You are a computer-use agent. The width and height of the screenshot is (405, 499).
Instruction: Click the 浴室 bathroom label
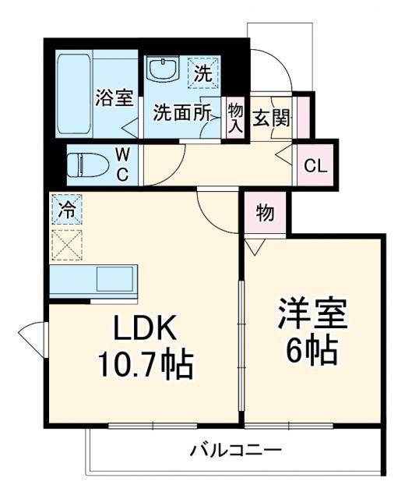(x=114, y=98)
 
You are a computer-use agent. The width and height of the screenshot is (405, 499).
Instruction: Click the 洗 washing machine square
(x=202, y=74)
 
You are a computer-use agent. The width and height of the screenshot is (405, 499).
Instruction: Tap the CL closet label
(x=315, y=165)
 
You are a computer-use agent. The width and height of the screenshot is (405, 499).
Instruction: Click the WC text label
(x=123, y=164)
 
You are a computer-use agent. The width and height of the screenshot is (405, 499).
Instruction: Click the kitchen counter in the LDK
(x=93, y=280)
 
